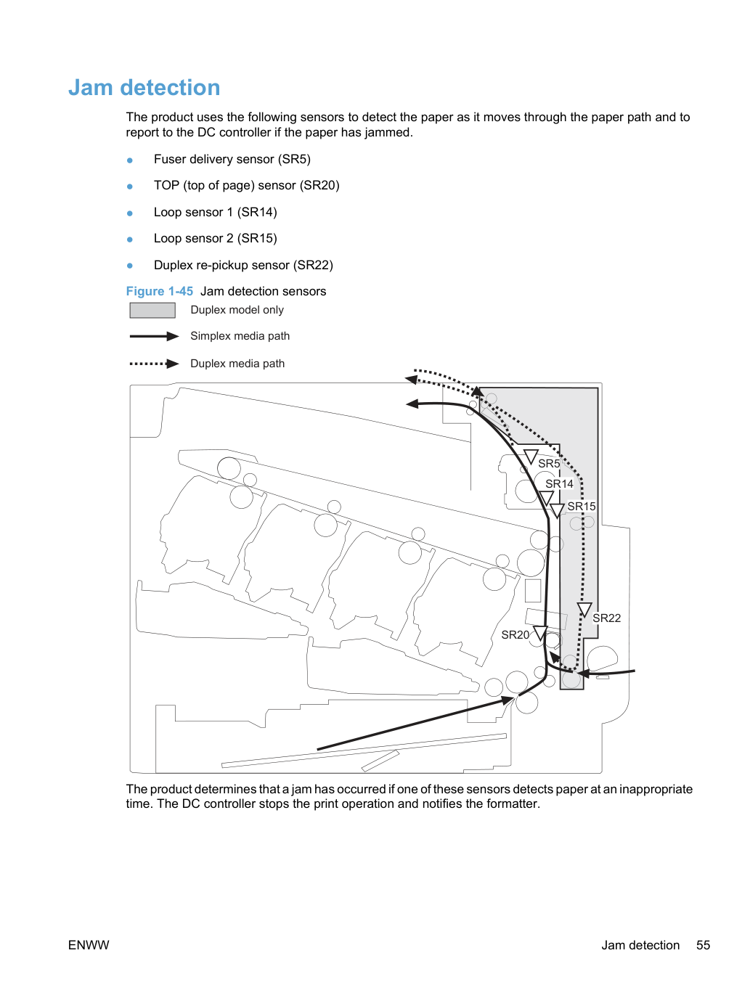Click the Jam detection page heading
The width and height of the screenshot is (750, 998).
pos(144,87)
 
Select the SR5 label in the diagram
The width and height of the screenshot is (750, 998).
pos(548,463)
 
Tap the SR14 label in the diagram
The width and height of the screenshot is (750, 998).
pos(559,484)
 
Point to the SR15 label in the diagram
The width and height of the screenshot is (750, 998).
pos(582,506)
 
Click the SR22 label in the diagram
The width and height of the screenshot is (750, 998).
pos(606,618)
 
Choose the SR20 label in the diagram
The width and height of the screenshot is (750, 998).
pos(515,634)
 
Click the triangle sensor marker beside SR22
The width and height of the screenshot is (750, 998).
pos(584,610)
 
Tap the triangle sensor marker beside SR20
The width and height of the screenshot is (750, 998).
pos(540,633)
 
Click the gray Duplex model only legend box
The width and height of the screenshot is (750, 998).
pos(152,310)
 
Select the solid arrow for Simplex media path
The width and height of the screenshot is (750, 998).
pos(154,337)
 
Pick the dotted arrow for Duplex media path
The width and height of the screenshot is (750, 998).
pos(154,364)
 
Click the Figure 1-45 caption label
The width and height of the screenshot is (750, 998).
pos(160,291)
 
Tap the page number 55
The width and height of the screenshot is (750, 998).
pos(703,945)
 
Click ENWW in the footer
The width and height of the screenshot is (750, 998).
pos(89,945)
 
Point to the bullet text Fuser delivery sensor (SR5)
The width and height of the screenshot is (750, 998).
pos(232,159)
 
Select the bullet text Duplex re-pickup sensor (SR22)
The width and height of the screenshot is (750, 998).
pos(243,265)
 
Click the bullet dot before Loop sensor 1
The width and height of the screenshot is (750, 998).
pos(130,213)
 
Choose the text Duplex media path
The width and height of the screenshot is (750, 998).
pos(237,364)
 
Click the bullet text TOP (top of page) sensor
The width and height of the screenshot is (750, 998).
pos(247,186)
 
